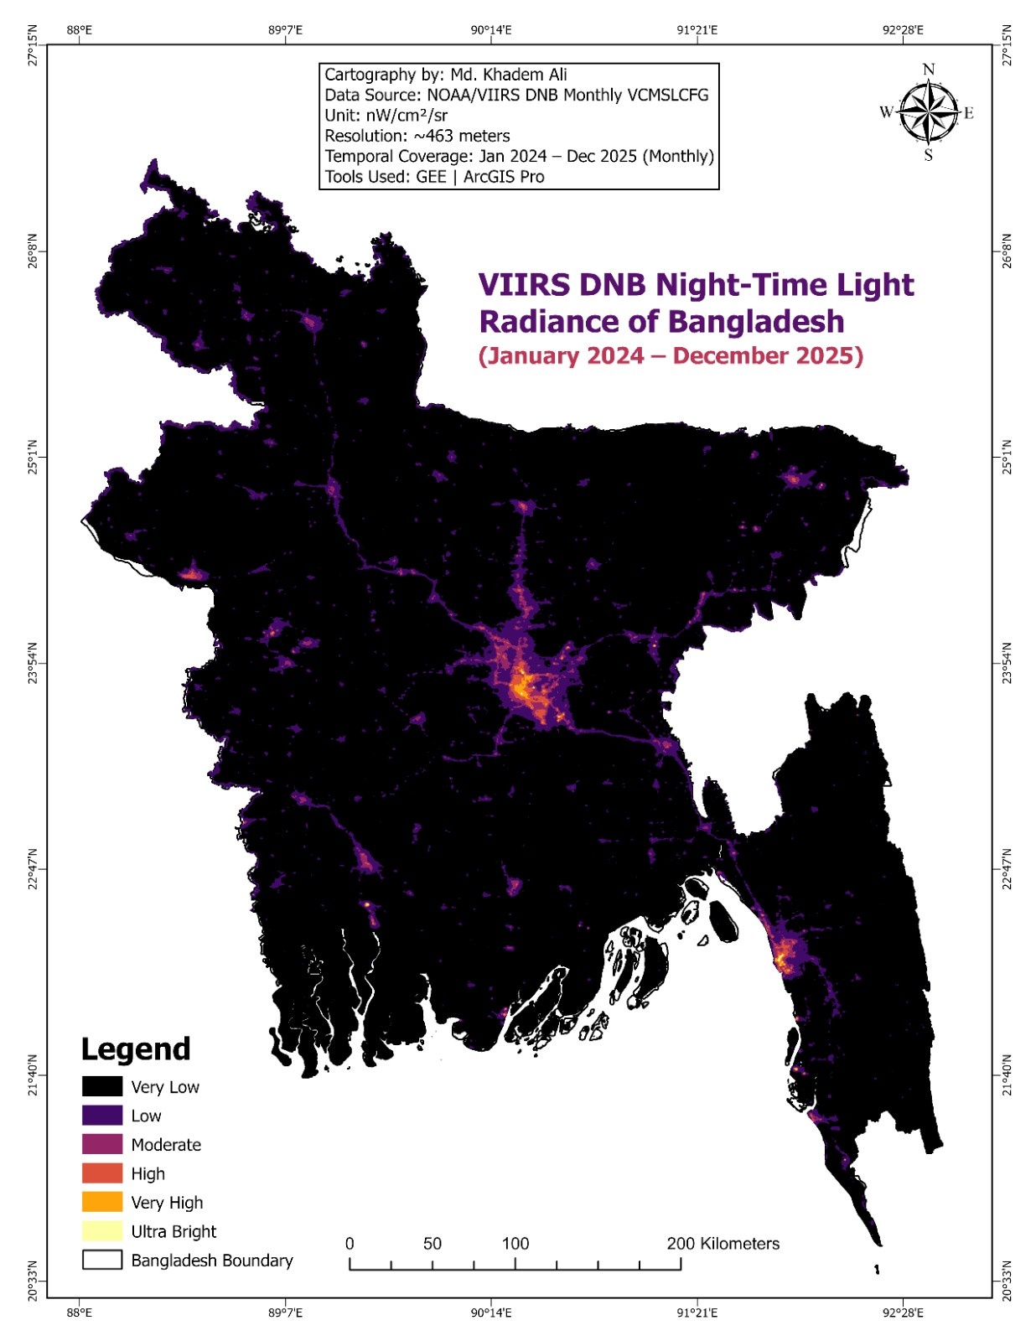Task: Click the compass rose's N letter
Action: tap(928, 70)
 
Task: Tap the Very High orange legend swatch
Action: tap(102, 1202)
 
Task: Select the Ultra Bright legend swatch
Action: tap(102, 1231)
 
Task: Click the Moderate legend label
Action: tap(166, 1145)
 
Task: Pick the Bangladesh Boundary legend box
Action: tap(102, 1260)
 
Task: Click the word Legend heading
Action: tap(136, 1049)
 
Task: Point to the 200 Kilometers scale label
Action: tap(723, 1244)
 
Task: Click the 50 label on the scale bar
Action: tap(432, 1244)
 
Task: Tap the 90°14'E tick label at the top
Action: tap(491, 30)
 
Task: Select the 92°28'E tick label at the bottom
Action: tap(903, 1313)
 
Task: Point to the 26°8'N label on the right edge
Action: tap(1007, 251)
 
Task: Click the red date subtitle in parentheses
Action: tap(671, 355)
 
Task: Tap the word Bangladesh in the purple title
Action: tap(756, 322)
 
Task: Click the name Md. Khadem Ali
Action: tap(508, 75)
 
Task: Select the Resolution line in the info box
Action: tap(417, 136)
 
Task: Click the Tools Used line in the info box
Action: tap(434, 177)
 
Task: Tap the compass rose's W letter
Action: tap(886, 112)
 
